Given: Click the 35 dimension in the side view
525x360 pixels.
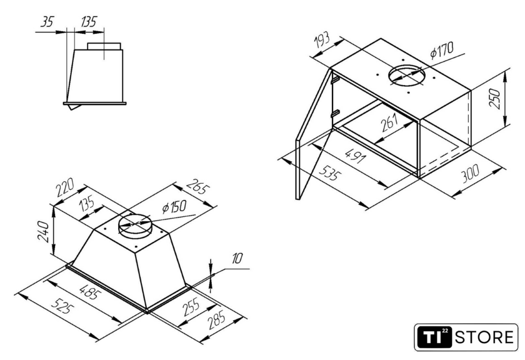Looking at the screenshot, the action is pyautogui.click(x=47, y=22).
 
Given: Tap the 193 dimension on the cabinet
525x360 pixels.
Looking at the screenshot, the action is pyautogui.click(x=322, y=41).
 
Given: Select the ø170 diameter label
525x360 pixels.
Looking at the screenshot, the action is pyautogui.click(x=442, y=50).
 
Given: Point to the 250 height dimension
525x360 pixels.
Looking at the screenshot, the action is pyautogui.click(x=494, y=98).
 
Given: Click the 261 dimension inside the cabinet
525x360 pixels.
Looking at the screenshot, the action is pyautogui.click(x=389, y=122).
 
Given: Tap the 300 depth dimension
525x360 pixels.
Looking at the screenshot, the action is pyautogui.click(x=470, y=174).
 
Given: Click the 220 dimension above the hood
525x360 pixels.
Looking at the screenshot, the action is pyautogui.click(x=65, y=188).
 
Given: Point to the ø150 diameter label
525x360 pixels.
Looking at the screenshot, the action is pyautogui.click(x=174, y=207).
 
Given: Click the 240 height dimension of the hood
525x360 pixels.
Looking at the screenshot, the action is pyautogui.click(x=44, y=231).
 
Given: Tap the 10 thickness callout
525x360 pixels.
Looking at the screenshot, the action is pyautogui.click(x=237, y=259).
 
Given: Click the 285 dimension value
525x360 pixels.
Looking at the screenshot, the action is pyautogui.click(x=217, y=320).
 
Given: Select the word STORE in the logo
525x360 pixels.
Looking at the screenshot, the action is pyautogui.click(x=484, y=337).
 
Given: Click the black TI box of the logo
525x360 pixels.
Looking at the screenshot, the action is pyautogui.click(x=434, y=337).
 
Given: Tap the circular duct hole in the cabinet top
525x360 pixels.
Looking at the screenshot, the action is pyautogui.click(x=407, y=76).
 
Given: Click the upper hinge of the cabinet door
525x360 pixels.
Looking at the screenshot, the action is pyautogui.click(x=336, y=81).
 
